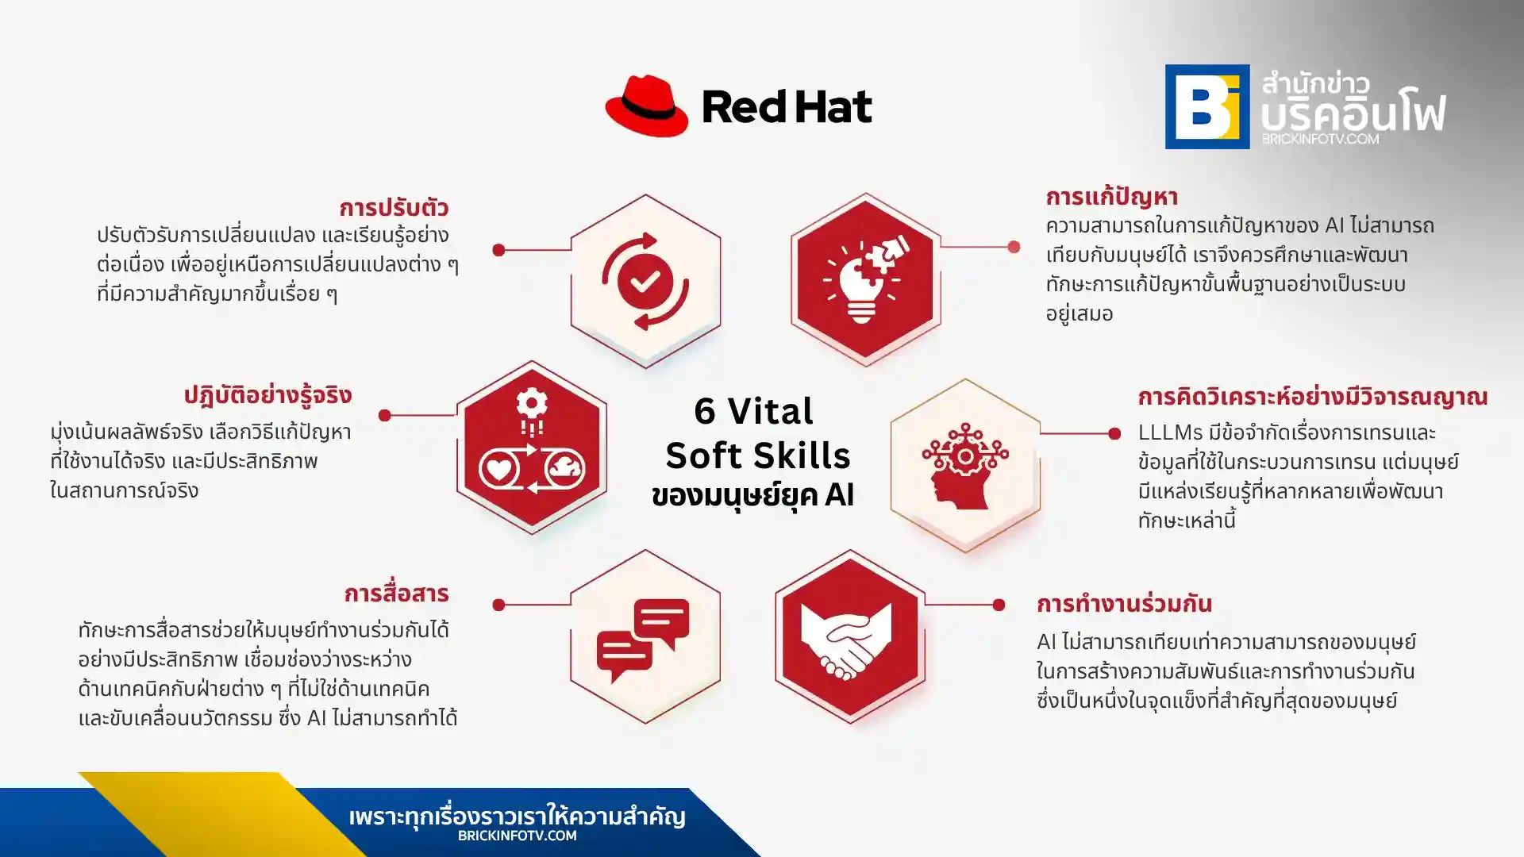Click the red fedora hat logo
click(x=646, y=106)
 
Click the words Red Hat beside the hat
click(x=787, y=107)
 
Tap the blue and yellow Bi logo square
click(x=1206, y=106)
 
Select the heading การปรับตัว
click(x=394, y=208)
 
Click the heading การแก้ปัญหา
click(x=1110, y=197)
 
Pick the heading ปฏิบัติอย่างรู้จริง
click(x=267, y=395)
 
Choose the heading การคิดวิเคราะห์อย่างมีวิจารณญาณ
click(x=1312, y=397)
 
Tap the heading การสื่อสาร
click(x=396, y=594)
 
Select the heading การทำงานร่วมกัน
click(x=1123, y=604)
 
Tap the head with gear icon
click(x=964, y=466)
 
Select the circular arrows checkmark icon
click(x=645, y=281)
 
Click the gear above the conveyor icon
click(x=532, y=404)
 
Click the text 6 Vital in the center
click(x=753, y=411)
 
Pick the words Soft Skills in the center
click(x=757, y=455)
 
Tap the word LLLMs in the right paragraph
click(x=1170, y=433)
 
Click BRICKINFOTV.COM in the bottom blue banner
click(x=517, y=836)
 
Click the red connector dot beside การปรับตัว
click(x=498, y=250)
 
